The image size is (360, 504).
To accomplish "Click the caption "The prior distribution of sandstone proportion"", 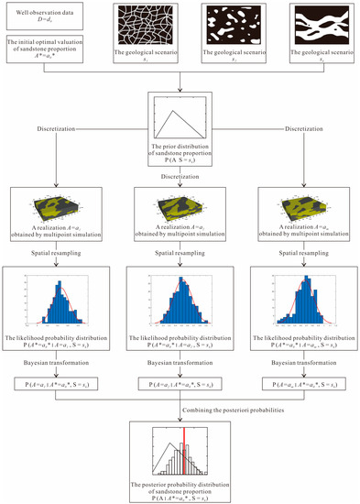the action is (x=180, y=153).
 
